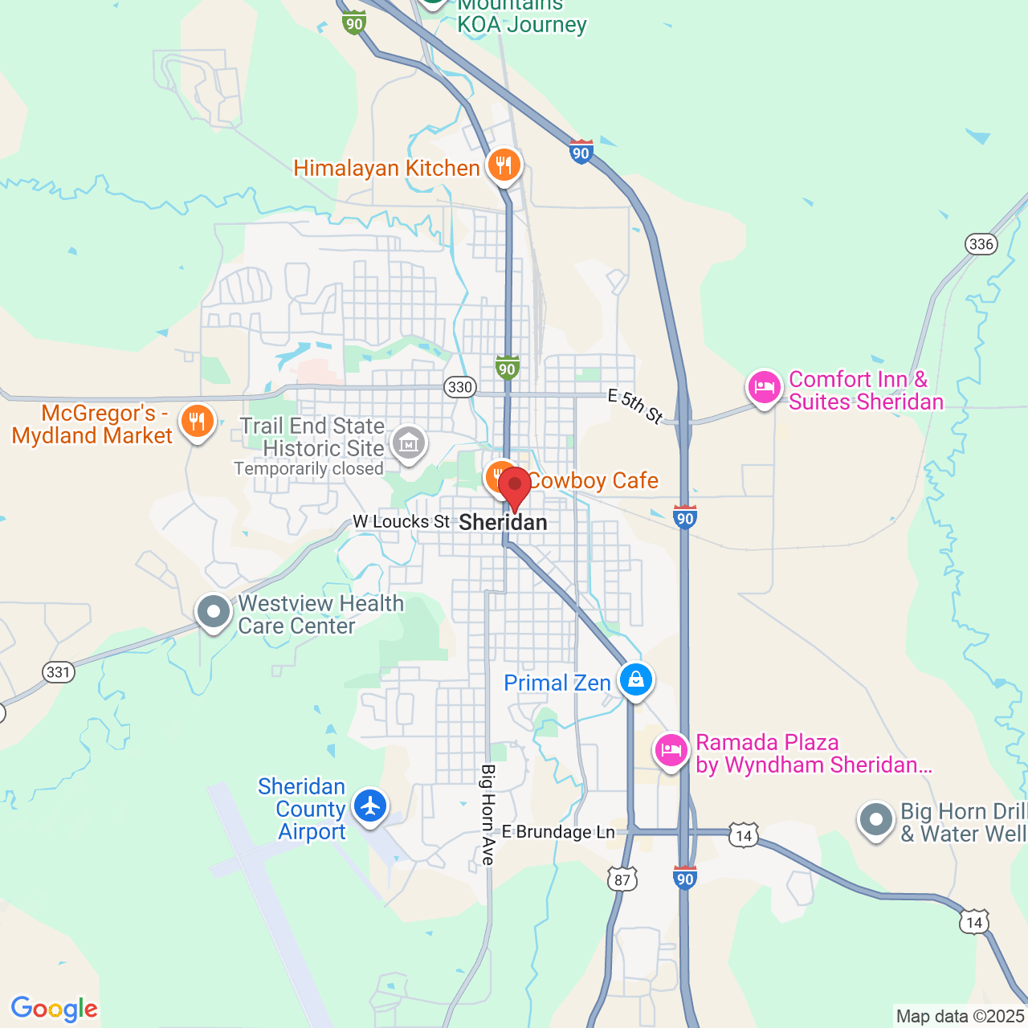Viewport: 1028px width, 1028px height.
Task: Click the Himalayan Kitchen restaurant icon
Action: [x=504, y=166]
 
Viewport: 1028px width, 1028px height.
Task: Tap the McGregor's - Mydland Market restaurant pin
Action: [x=197, y=420]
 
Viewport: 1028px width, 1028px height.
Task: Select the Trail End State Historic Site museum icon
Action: [x=408, y=442]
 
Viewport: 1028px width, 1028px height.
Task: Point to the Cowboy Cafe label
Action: [x=593, y=481]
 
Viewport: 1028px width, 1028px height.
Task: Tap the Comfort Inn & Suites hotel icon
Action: [x=764, y=388]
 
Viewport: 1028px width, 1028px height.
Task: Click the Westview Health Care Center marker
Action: [x=214, y=612]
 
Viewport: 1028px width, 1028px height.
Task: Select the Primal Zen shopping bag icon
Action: [x=636, y=679]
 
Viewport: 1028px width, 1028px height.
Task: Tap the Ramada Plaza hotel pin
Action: [x=671, y=751]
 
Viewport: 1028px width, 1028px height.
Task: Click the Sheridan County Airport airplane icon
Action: [x=370, y=805]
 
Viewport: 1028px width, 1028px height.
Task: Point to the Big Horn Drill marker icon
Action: [x=876, y=820]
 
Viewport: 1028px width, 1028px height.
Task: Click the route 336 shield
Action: [x=981, y=244]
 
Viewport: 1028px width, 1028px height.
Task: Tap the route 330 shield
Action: [x=460, y=387]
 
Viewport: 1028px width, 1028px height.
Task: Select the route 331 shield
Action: [x=59, y=671]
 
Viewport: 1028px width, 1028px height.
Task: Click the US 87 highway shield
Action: [x=622, y=879]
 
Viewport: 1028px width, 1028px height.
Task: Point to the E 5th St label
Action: [x=635, y=406]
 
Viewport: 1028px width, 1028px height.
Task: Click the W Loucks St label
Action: [x=402, y=522]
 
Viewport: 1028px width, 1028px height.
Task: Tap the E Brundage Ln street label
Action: [x=558, y=832]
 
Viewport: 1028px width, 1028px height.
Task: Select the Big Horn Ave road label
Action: [x=487, y=814]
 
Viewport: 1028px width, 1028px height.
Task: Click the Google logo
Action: [x=55, y=1009]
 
